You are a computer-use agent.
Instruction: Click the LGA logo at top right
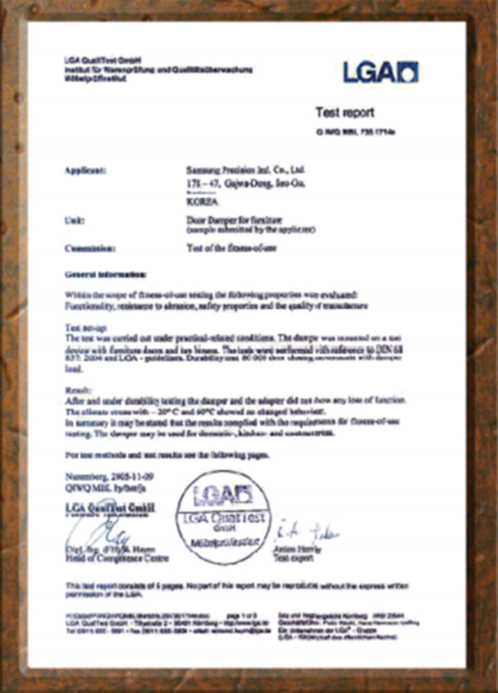tap(381, 71)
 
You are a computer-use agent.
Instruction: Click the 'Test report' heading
tap(344, 112)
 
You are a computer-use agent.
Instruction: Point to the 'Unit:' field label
tap(74, 220)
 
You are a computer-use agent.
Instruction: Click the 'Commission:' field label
tap(89, 248)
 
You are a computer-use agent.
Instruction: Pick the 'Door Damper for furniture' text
tap(224, 220)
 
